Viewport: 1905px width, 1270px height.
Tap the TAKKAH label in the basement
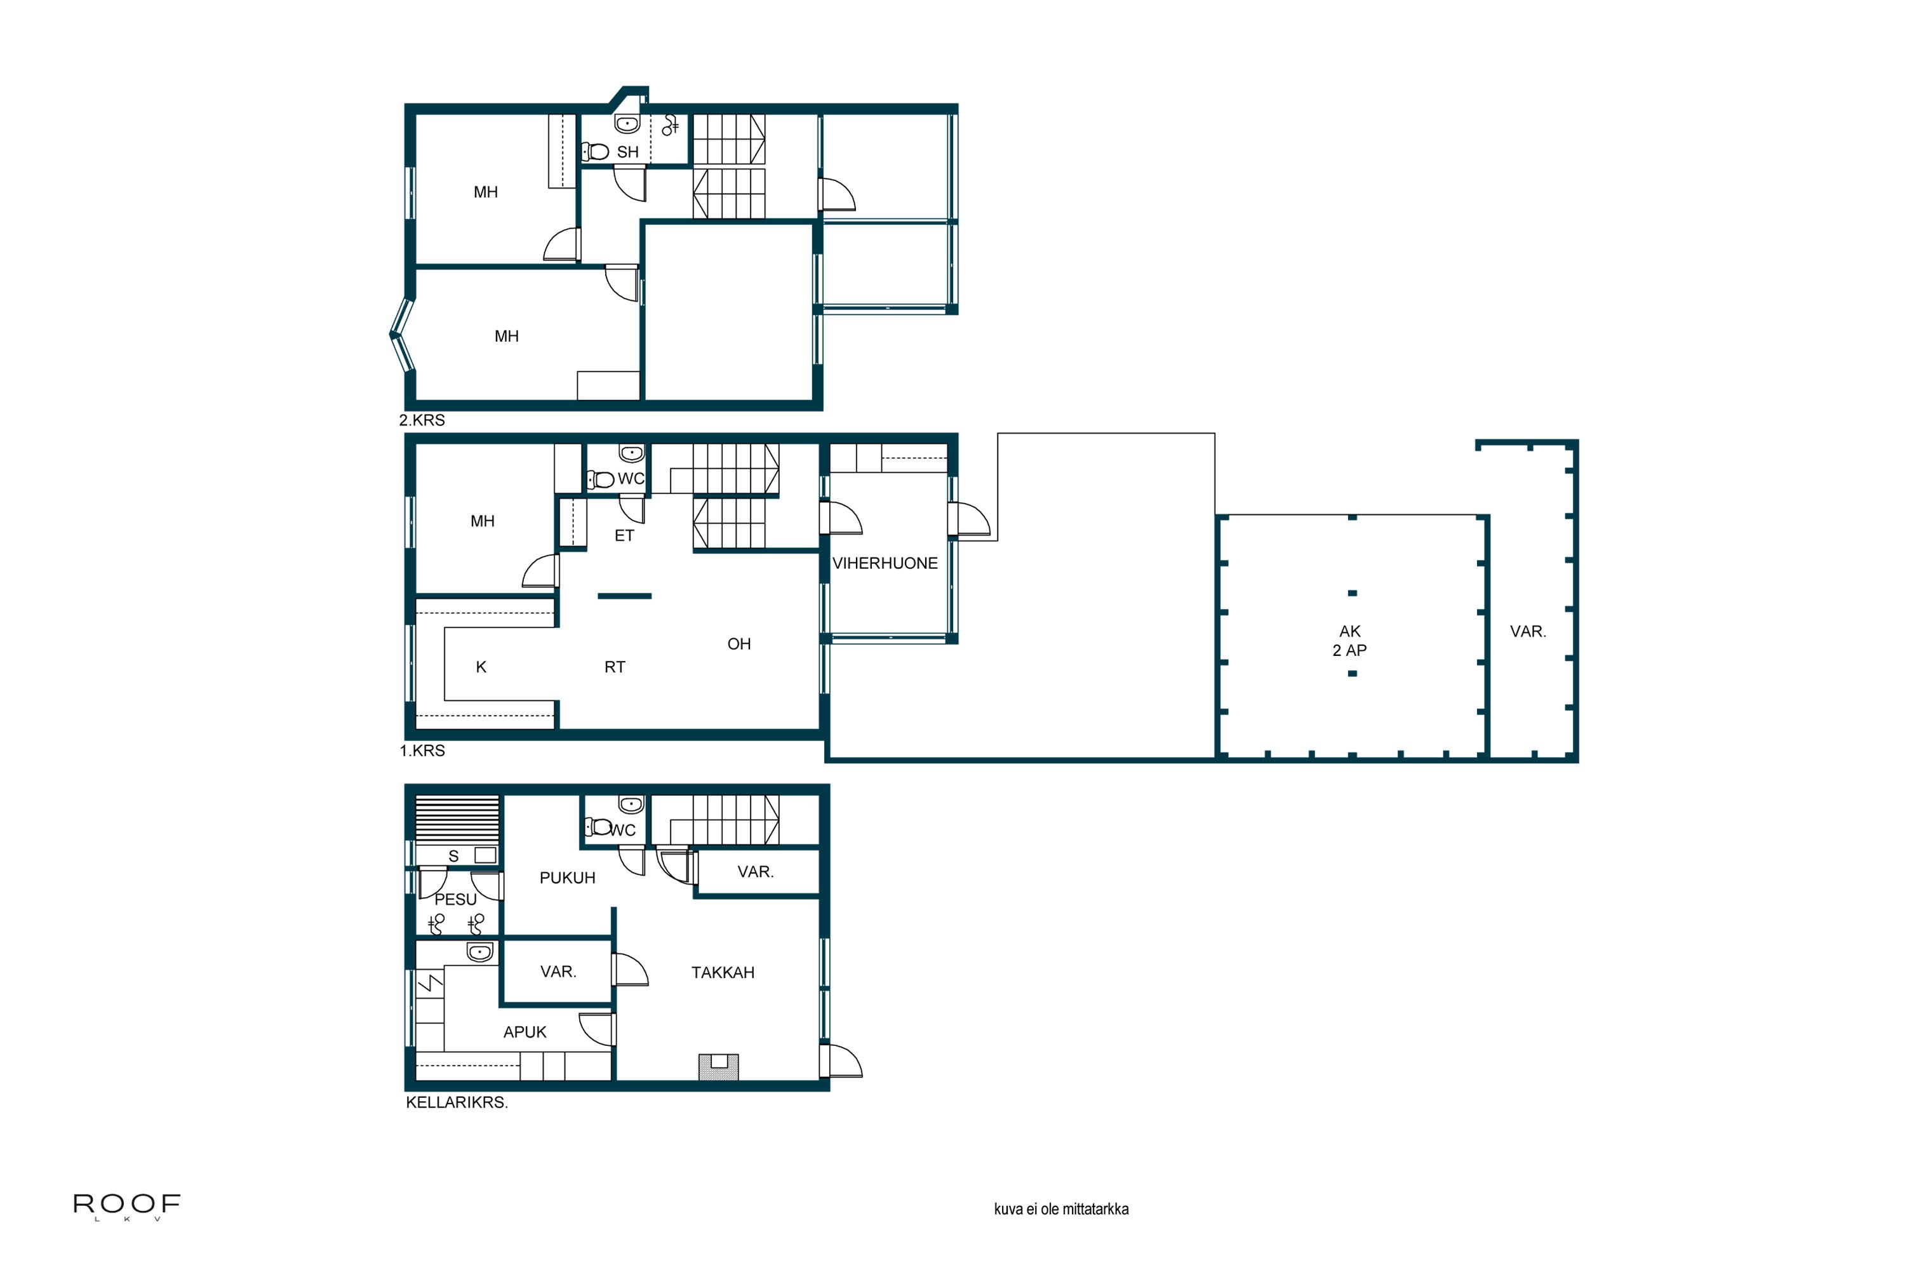coord(723,973)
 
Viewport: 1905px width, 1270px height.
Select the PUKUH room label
coord(567,878)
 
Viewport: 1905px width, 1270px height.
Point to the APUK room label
coord(525,1032)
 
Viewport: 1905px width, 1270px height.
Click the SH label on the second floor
coord(628,152)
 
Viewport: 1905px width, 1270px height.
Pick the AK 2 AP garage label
coord(1349,641)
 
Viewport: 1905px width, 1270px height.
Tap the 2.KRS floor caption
coord(422,420)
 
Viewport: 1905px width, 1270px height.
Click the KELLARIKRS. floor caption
coord(457,1102)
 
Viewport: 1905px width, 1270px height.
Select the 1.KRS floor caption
coord(422,751)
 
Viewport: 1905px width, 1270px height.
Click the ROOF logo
coord(127,1206)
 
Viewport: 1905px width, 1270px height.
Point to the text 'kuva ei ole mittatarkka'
coord(1061,1209)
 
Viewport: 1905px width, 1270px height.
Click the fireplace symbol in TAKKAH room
coord(718,1067)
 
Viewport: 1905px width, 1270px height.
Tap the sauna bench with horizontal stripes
coord(457,820)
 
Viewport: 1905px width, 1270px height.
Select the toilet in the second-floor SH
coord(596,152)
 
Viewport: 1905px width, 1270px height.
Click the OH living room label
coord(739,644)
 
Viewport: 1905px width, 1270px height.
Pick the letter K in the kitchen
coord(481,667)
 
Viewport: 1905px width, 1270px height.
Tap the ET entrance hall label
coord(624,535)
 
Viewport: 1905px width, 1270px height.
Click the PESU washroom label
coord(455,899)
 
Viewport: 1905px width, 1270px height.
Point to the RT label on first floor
coord(615,667)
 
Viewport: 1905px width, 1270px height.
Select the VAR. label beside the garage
coord(1528,632)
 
